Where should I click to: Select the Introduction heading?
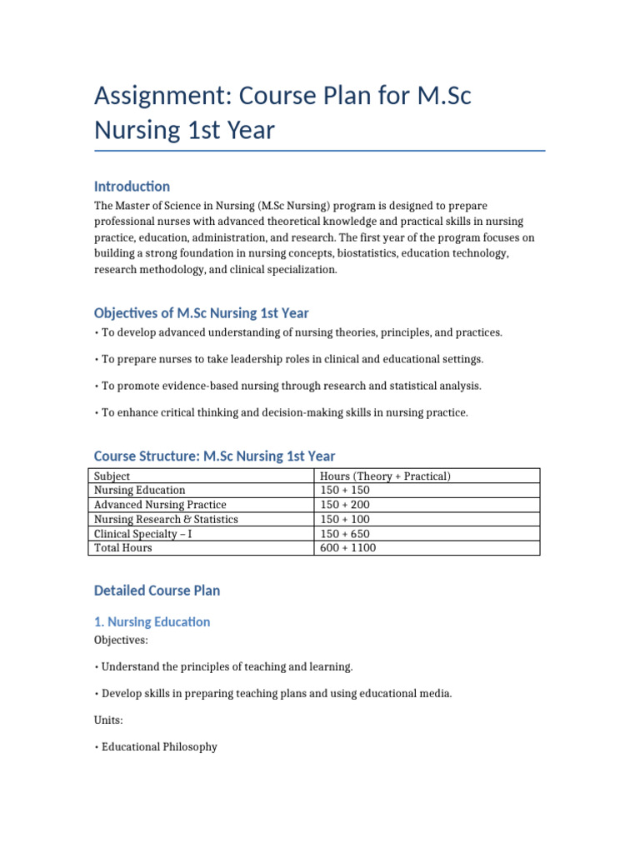tap(132, 186)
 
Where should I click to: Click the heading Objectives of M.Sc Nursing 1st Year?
tap(201, 313)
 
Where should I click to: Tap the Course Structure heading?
tap(214, 456)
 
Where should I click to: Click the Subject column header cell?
tap(112, 476)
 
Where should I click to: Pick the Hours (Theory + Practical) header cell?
tap(385, 476)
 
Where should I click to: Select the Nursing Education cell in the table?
tap(140, 490)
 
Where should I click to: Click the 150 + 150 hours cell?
tap(345, 490)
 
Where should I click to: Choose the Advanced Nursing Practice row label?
tap(160, 505)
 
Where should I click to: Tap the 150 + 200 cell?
tap(345, 505)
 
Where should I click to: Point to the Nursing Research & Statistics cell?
tap(166, 519)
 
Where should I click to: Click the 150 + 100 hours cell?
tap(345, 519)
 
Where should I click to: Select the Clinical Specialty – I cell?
tap(143, 533)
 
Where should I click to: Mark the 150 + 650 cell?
tap(345, 533)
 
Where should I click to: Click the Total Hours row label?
tap(123, 548)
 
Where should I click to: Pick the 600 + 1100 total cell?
tap(348, 548)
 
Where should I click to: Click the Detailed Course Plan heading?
tap(157, 591)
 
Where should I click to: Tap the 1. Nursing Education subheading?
tap(152, 621)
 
